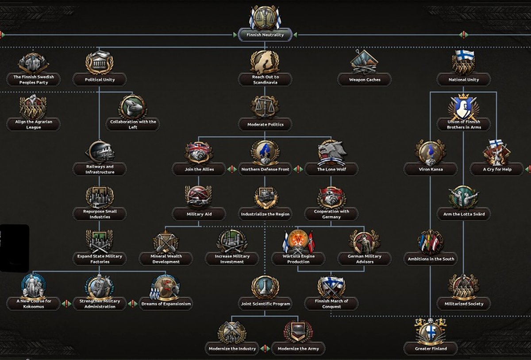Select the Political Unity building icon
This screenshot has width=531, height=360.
click(x=99, y=62)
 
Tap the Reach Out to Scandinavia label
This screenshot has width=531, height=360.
click(x=265, y=80)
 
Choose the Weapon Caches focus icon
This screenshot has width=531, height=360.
click(x=364, y=62)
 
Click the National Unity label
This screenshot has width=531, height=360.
click(x=463, y=80)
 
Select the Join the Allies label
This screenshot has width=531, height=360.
click(x=199, y=169)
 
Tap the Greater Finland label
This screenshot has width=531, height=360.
click(x=431, y=348)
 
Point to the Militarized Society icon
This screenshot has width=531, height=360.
click(x=463, y=286)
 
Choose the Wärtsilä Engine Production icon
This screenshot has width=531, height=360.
click(x=298, y=242)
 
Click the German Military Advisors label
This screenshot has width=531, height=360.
click(x=364, y=259)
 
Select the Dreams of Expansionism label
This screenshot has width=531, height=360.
click(x=166, y=304)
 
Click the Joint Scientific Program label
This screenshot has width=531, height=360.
click(x=265, y=304)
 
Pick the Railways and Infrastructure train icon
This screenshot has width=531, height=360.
click(x=99, y=152)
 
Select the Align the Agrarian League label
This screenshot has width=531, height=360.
click(x=33, y=124)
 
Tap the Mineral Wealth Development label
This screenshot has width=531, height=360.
click(x=166, y=259)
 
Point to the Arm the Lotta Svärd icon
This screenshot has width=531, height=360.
click(x=463, y=197)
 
